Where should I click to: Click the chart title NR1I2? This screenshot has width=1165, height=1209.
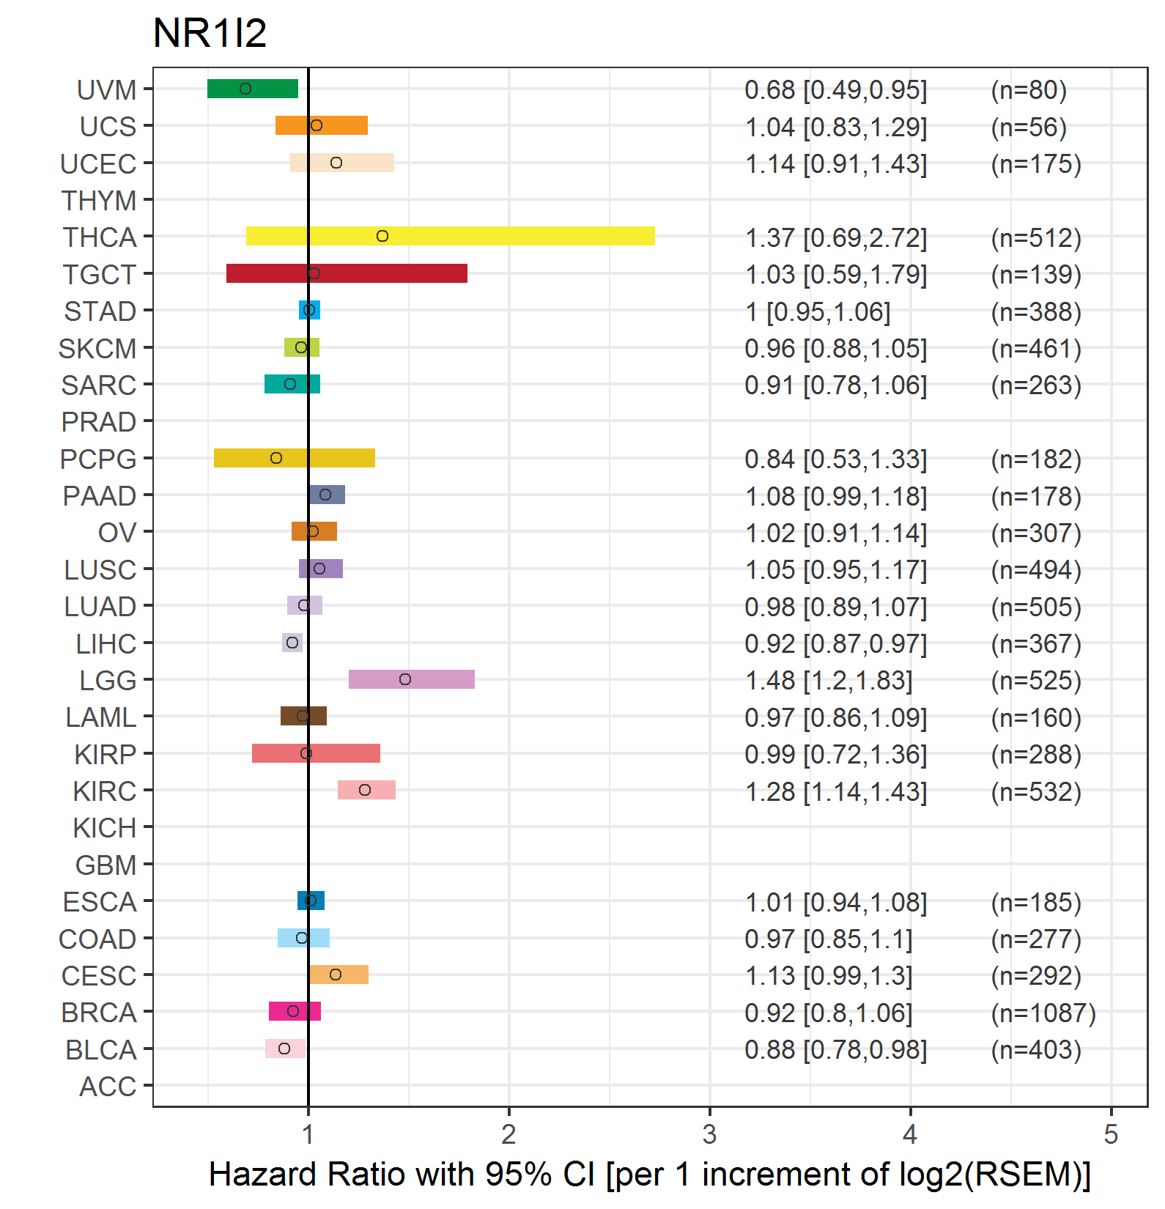210,33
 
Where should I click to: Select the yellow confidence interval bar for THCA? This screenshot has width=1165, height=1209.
450,236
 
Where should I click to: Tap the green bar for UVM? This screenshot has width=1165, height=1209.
253,89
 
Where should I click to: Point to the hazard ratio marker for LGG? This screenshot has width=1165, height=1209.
405,679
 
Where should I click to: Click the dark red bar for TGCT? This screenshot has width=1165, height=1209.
347,273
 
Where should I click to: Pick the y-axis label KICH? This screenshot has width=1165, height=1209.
105,828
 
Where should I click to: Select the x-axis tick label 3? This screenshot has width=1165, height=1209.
709,1134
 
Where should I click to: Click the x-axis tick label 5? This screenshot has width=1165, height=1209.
1111,1134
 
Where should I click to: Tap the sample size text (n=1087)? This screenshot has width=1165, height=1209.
1043,1013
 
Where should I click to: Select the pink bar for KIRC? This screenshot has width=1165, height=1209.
366,790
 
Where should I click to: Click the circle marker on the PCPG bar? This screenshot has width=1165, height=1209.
276,458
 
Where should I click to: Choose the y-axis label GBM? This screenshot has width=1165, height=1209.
106,865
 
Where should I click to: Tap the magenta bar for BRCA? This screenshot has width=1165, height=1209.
295,1011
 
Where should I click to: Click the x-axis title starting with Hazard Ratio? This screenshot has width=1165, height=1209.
649,1174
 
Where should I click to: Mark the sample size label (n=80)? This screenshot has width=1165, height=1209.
1029,89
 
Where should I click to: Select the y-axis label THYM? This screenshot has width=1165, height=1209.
99,200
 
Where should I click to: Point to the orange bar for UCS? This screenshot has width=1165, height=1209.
322,125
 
